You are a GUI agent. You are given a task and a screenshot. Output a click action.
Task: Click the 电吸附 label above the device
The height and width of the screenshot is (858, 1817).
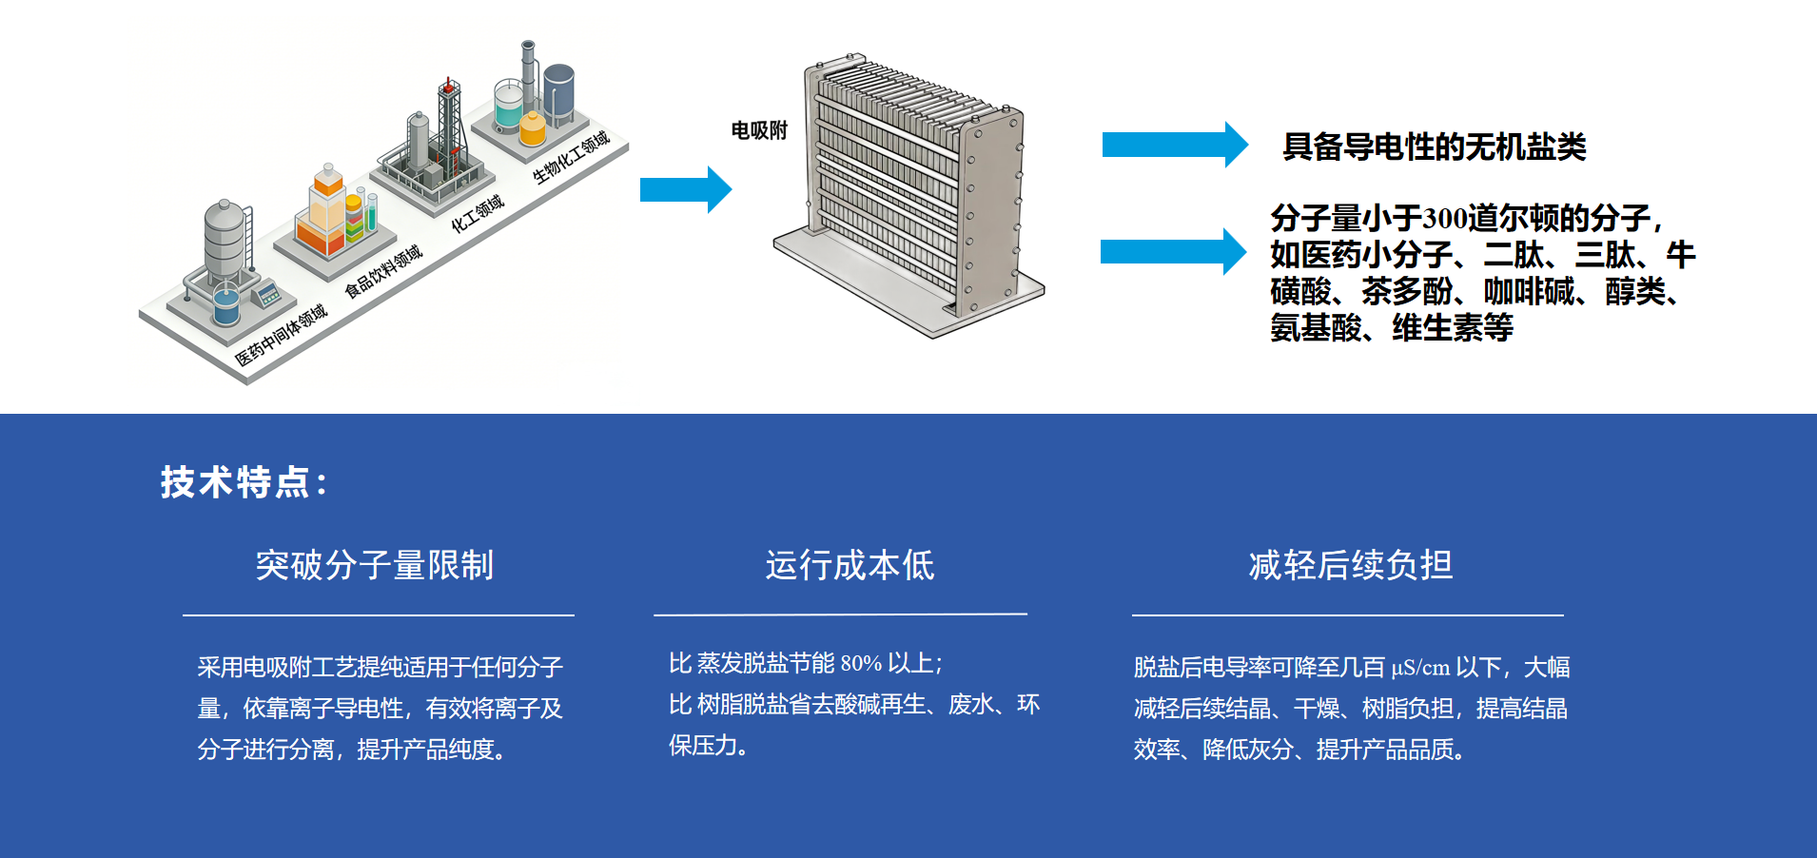point(759,130)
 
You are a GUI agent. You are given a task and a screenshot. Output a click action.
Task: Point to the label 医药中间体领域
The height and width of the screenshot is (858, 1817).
point(281,335)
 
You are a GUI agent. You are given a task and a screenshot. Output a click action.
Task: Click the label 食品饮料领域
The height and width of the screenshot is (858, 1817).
point(383,271)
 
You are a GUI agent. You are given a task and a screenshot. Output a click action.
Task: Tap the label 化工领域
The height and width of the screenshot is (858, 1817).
point(477,214)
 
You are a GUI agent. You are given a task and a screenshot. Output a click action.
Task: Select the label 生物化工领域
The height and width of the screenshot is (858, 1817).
point(571,157)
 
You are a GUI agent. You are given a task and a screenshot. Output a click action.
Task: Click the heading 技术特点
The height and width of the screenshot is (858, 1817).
point(244,482)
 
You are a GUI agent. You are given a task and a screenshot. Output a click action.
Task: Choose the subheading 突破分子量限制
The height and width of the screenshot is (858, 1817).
point(375,565)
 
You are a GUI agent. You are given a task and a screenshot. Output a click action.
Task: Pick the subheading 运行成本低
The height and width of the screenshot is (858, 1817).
point(850,565)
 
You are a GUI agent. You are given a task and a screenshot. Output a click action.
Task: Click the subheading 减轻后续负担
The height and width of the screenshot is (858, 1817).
point(1350,565)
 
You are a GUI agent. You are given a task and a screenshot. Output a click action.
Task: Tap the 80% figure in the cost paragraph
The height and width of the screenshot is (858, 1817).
point(861,663)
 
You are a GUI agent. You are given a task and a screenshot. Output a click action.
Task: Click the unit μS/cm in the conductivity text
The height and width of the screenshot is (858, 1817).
point(1420,668)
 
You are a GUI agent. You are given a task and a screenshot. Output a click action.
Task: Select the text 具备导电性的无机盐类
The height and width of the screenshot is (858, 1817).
point(1434,146)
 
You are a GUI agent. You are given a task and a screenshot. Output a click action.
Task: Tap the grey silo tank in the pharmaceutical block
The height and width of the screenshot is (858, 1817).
point(225,238)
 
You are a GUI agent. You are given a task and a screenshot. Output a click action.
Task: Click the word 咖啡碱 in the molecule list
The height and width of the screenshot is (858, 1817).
point(1529,291)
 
